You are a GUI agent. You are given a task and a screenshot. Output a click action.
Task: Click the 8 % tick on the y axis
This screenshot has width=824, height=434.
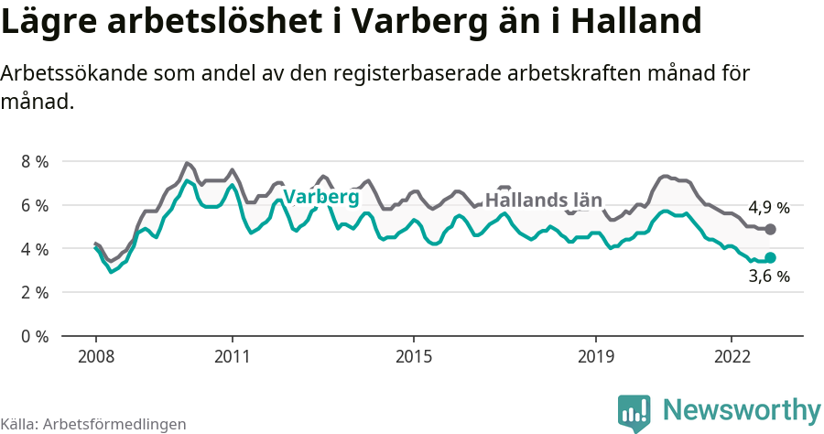pyautogui.click(x=34, y=161)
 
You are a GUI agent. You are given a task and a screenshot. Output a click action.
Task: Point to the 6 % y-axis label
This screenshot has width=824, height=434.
pyautogui.click(x=34, y=205)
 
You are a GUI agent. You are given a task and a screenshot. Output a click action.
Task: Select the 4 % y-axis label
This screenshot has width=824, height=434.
pyautogui.click(x=34, y=249)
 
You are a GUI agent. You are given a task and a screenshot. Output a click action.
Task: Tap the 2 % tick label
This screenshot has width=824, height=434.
pyautogui.click(x=34, y=293)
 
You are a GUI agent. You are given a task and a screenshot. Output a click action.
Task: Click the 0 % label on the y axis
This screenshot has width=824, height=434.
pyautogui.click(x=34, y=336)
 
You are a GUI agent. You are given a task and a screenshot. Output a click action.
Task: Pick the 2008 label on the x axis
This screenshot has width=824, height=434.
pyautogui.click(x=96, y=356)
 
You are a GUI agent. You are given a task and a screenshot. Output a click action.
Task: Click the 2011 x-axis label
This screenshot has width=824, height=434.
pyautogui.click(x=233, y=356)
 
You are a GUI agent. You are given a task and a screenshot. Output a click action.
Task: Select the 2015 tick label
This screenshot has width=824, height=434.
pyautogui.click(x=414, y=356)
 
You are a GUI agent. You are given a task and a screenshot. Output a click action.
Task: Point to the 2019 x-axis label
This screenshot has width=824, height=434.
pyautogui.click(x=596, y=356)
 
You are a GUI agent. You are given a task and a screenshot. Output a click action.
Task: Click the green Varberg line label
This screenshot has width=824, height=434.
pyautogui.click(x=320, y=197)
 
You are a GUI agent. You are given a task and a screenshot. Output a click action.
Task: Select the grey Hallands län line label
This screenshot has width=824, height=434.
pyautogui.click(x=543, y=200)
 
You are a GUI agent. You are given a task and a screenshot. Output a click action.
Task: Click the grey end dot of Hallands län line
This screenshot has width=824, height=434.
pyautogui.click(x=770, y=229)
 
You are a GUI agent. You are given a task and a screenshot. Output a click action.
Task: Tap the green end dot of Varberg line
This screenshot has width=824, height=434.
pyautogui.click(x=770, y=258)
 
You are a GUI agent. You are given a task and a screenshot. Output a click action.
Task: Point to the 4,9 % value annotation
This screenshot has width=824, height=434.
pyautogui.click(x=768, y=207)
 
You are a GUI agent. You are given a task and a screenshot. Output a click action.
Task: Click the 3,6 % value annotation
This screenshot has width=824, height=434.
pyautogui.click(x=768, y=277)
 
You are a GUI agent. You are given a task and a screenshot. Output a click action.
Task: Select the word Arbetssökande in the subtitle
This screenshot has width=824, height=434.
pyautogui.click(x=76, y=74)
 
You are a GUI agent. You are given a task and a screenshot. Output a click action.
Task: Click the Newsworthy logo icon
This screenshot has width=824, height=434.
pyautogui.click(x=634, y=413)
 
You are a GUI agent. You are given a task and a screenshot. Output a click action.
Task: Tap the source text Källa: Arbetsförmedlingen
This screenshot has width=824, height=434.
pyautogui.click(x=93, y=424)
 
